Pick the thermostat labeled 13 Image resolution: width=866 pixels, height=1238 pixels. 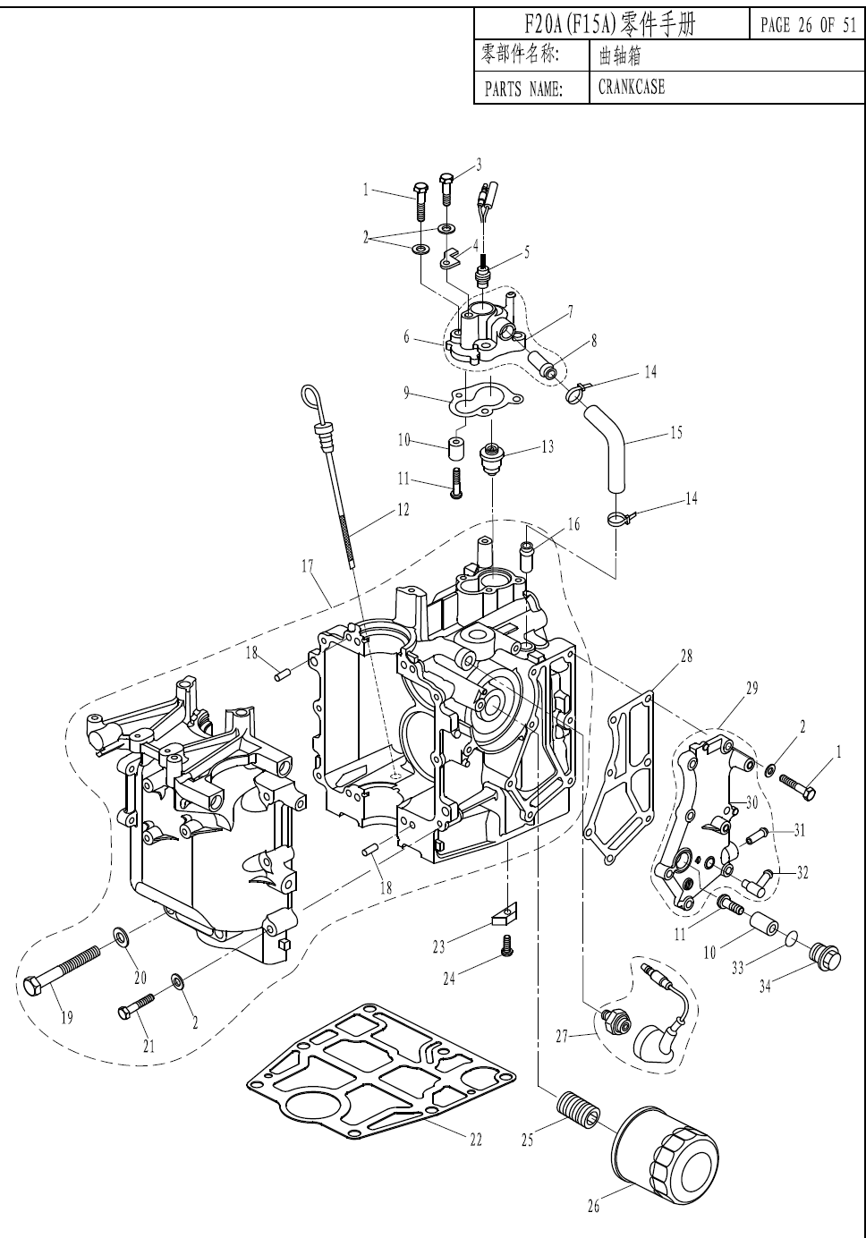489,457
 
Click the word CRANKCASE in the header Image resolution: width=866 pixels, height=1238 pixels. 631,87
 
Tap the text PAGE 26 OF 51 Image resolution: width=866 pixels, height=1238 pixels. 808,25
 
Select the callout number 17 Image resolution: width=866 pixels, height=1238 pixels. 307,566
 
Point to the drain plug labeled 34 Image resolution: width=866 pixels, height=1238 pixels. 825,958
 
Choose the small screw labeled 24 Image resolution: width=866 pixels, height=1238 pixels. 506,945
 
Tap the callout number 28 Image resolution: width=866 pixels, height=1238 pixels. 686,656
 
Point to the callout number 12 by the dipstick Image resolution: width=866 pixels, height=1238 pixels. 403,510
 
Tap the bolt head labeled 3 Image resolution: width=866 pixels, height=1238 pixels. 446,180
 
